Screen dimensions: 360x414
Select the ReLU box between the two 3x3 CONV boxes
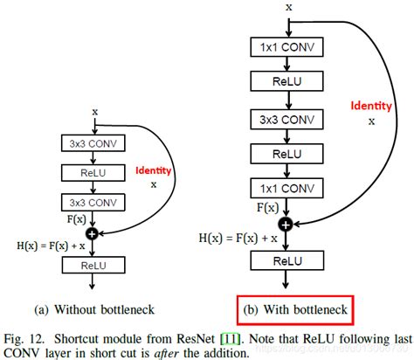(93, 172)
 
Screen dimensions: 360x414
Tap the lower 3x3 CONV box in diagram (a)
(93, 202)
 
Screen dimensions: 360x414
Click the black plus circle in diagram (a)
(93, 233)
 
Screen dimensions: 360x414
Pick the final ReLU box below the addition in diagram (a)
(93, 263)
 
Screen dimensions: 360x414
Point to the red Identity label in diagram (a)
(155, 170)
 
